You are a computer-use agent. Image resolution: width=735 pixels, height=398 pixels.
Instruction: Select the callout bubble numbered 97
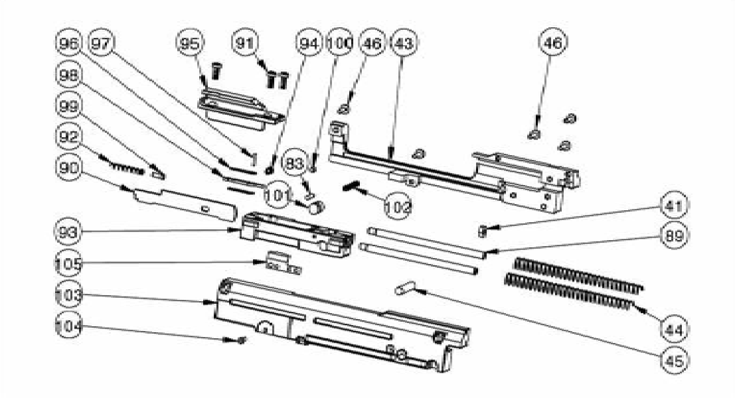point(101,43)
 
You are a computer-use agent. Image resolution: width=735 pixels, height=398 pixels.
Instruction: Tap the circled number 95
point(190,43)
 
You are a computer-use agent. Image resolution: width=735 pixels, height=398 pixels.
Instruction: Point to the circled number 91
point(245,43)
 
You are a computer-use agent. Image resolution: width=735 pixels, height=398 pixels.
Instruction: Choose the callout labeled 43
point(404,43)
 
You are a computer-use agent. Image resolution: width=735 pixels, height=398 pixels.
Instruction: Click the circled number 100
point(340,43)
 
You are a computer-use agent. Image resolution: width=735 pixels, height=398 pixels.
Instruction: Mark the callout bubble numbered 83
point(294,165)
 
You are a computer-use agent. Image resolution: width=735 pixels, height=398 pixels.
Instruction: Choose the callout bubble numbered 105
point(69,263)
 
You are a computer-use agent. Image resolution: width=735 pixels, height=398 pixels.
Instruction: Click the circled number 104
point(69,326)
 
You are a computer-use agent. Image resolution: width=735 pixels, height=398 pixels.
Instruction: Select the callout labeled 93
point(69,232)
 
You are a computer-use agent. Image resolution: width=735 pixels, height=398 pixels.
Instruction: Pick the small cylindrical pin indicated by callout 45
point(405,287)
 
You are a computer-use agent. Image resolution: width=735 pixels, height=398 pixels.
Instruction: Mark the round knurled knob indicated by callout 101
point(317,207)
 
